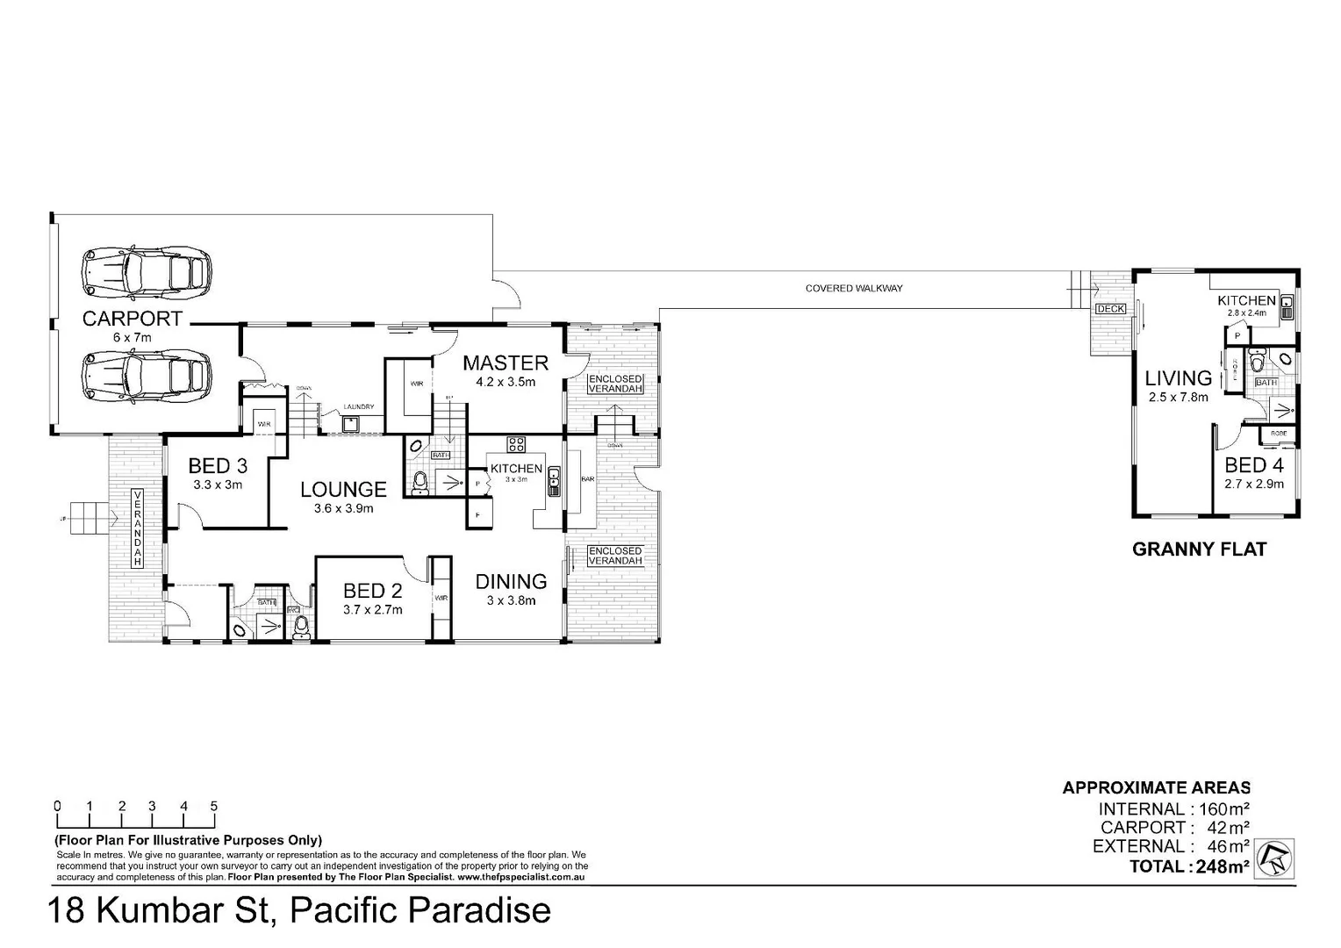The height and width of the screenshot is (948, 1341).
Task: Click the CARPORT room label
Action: pos(132,319)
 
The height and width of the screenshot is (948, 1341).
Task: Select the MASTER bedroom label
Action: pos(506,363)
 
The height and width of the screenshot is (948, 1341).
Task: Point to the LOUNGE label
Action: pos(343,490)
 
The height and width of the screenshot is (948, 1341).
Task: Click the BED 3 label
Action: pos(218,466)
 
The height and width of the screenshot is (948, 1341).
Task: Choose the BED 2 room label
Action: pos(373,591)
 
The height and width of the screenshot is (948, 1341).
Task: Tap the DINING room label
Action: pos(511,581)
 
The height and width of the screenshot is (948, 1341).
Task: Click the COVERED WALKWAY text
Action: pos(854,288)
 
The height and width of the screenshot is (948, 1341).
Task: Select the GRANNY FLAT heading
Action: pos(1199,549)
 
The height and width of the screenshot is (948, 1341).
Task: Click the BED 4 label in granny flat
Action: pos(1254,465)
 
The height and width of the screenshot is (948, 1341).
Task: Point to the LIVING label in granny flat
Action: pos(1178,378)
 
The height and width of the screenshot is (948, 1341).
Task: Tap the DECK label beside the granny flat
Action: pos(1109,309)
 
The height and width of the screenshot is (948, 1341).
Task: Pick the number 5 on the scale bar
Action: pos(214,806)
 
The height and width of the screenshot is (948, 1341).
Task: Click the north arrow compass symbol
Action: pos(1273,858)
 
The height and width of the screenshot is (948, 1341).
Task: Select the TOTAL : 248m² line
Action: pos(1189,867)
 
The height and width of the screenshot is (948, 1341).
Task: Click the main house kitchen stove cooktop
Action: pos(515,444)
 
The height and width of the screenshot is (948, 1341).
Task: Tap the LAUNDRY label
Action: pos(359,406)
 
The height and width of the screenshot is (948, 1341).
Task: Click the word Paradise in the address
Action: pos(469,911)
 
